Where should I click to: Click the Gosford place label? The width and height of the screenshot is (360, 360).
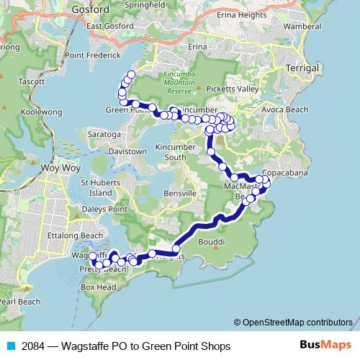pos(91,9)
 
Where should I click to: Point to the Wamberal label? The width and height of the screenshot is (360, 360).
pos(302,26)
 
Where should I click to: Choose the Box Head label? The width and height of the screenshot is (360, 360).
pos(98,287)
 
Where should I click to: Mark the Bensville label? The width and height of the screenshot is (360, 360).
pos(179,194)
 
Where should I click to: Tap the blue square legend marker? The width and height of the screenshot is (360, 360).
pos(10,346)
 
